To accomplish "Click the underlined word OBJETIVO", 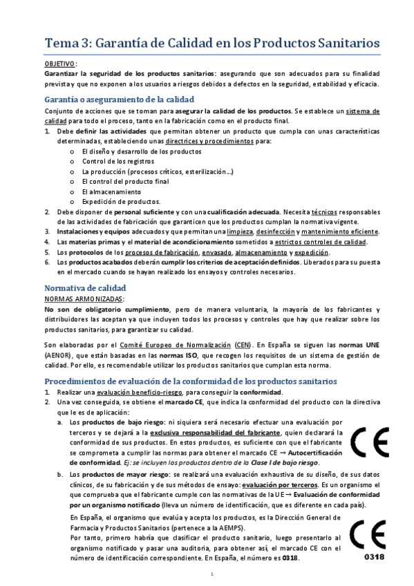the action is [x=60, y=63].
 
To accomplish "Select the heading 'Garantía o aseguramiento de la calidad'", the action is [x=119, y=99].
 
